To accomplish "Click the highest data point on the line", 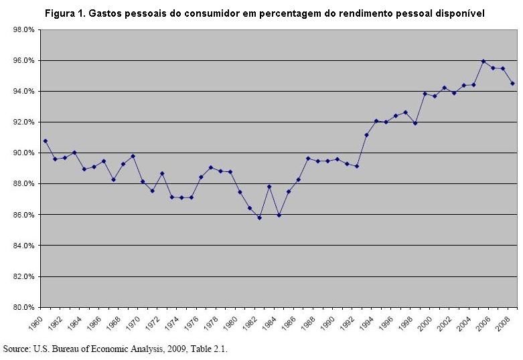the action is (483, 62).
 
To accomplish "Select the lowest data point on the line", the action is (260, 217).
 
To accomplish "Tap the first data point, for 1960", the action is (46, 141).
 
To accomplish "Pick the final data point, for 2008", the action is (513, 84).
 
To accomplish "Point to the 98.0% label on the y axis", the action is (23, 29).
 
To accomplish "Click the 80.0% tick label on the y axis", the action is (23, 307).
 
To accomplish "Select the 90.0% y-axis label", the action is (23, 153).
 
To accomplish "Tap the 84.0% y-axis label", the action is (23, 246).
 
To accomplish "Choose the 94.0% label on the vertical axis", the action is (23, 91).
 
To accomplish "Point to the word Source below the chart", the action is (17, 349).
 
